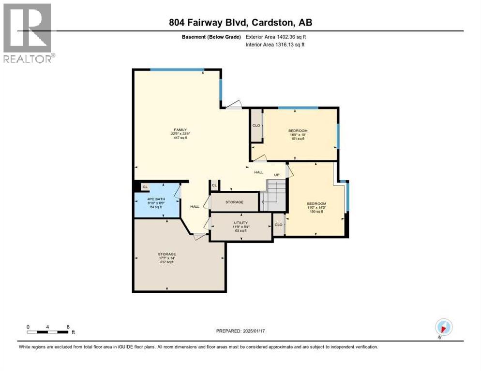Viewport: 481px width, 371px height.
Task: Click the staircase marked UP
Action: pyautogui.click(x=274, y=196)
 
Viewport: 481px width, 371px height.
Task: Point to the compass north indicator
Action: pyautogui.click(x=443, y=327)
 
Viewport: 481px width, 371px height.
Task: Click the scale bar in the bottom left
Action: pyautogui.click(x=47, y=332)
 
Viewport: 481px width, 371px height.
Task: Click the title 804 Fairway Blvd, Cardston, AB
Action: pyautogui.click(x=240, y=23)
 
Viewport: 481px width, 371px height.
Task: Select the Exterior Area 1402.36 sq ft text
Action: pyautogui.click(x=275, y=37)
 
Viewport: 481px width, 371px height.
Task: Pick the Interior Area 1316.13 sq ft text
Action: pyautogui.click(x=275, y=44)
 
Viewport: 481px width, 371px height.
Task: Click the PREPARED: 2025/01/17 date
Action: pyautogui.click(x=240, y=331)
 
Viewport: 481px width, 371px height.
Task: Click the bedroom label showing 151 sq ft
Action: pyautogui.click(x=298, y=134)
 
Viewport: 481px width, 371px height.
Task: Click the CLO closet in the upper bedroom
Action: pyautogui.click(x=256, y=126)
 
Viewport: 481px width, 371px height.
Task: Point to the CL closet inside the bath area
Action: pyautogui.click(x=145, y=186)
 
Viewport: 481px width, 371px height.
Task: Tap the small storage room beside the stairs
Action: pyautogui.click(x=234, y=202)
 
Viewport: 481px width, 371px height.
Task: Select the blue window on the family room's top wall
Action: pyautogui.click(x=177, y=70)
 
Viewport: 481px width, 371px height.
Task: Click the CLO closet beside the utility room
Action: pyautogui.click(x=278, y=225)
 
